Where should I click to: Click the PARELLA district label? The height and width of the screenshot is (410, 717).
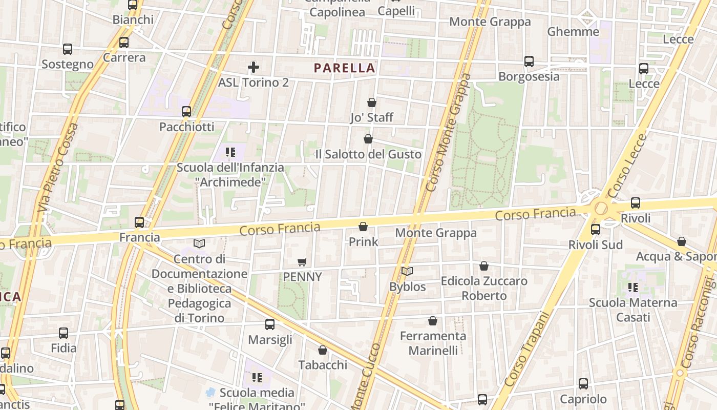click(x=345, y=68)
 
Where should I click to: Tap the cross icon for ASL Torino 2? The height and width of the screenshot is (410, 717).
click(x=254, y=67)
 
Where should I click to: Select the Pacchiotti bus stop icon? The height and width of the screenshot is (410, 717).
click(x=186, y=112)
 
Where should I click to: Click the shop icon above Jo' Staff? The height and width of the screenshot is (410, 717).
click(x=372, y=102)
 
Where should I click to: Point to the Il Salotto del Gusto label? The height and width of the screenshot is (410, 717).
click(x=368, y=154)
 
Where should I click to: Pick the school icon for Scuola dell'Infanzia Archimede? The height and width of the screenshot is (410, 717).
click(x=230, y=152)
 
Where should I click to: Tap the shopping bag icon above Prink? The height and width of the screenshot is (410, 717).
click(x=363, y=227)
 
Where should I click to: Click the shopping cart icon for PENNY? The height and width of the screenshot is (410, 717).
click(x=302, y=262)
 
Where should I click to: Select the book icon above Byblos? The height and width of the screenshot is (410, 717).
click(x=407, y=272)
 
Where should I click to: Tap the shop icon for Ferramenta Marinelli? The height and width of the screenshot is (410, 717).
click(x=433, y=321)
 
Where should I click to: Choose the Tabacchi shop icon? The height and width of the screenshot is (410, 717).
click(x=323, y=351)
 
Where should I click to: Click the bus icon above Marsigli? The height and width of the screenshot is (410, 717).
click(x=270, y=324)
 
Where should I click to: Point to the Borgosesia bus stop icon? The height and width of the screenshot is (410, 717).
click(x=529, y=61)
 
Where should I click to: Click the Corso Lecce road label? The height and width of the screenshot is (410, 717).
click(x=628, y=166)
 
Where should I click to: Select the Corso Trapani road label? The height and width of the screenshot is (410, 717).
click(x=523, y=350)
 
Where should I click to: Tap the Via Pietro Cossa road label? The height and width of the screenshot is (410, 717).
click(x=58, y=167)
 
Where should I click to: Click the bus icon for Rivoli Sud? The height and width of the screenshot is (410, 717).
click(x=596, y=230)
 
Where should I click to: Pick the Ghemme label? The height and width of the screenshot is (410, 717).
click(x=573, y=32)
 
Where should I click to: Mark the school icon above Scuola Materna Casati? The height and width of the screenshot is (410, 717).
click(x=633, y=288)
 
